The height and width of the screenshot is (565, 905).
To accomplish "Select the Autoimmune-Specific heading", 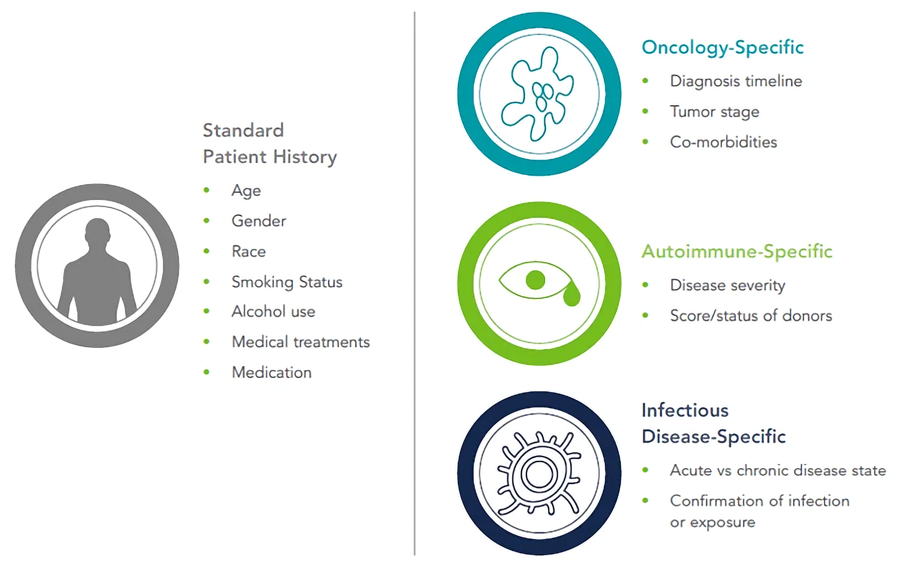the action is pos(737,252).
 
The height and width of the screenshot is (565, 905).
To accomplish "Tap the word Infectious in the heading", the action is pos(685,411).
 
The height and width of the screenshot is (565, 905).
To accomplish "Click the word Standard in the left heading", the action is pos(243,130).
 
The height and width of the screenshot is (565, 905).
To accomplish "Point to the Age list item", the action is pos(246,191).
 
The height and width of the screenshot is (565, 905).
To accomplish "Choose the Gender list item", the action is pos(258,221).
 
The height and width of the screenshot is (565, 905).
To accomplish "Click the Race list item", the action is pos(249,252).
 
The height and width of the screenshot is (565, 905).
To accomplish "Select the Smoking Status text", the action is pos(287,282).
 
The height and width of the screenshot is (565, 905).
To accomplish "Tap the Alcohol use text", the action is pos(273,312).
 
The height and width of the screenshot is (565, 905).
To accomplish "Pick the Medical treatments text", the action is pos(301,342).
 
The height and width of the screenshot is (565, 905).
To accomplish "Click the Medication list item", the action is pos(271,372).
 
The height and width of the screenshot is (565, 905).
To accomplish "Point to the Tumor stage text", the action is pos(714,112).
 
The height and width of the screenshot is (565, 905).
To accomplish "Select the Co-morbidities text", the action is pos(724,142).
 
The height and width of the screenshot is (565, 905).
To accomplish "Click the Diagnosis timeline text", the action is pos(736,81).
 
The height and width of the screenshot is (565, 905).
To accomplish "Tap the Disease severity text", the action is pos(727,285).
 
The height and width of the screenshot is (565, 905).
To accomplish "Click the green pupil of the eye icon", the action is pos(535,280).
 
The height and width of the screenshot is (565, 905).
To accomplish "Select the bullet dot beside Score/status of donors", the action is pos(645,315).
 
